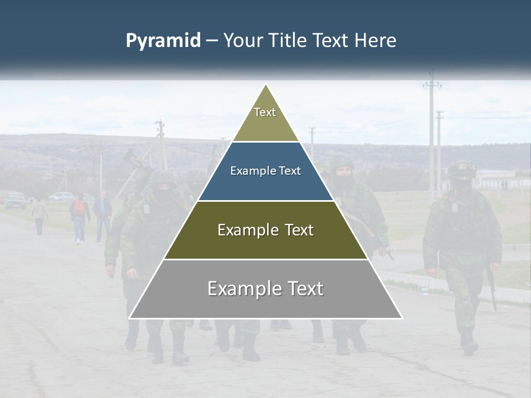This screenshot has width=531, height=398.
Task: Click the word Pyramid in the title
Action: pos(163,41)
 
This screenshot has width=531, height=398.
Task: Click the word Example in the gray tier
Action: pos(242,289)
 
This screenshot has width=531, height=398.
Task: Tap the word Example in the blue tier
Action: pos(251,171)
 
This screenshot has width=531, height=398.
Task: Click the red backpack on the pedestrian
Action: pos(80,208)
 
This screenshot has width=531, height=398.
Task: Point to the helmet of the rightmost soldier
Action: pos(462,168)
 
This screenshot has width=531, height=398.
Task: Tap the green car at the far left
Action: pos(15,200)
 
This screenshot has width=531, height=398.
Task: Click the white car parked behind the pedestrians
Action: pos(61,196)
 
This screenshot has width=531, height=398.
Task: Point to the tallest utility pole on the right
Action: pos(432,133)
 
